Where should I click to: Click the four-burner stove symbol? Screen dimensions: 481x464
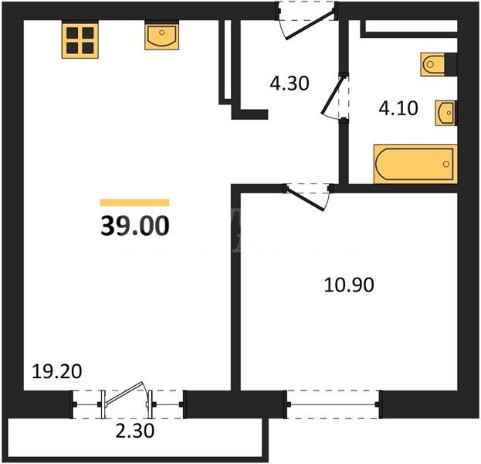pos(80,40)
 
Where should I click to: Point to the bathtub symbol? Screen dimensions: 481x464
pos(415,164)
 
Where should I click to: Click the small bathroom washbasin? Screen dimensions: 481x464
pos(446,113)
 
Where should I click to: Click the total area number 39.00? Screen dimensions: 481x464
pos(135,226)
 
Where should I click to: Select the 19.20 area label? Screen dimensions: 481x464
pos(57,371)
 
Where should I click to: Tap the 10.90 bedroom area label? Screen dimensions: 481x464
pos(349,285)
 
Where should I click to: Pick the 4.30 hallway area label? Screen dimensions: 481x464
pos(290,84)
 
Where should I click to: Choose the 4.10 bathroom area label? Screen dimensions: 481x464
pos(398,108)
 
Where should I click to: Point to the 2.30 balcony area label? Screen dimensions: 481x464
pos(135,431)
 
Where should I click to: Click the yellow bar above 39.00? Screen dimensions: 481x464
pos(134,202)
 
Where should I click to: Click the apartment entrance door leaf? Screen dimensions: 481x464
pos(310,25)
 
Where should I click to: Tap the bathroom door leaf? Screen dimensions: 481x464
pos(332,94)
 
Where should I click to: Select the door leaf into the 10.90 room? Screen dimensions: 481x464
pos(305,199)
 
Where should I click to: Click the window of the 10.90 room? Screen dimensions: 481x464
pos(334,404)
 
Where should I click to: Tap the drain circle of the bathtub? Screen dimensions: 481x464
pos(445,164)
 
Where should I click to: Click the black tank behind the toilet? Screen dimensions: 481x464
pos(451,64)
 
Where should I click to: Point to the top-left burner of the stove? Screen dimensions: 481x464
pos(73,33)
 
